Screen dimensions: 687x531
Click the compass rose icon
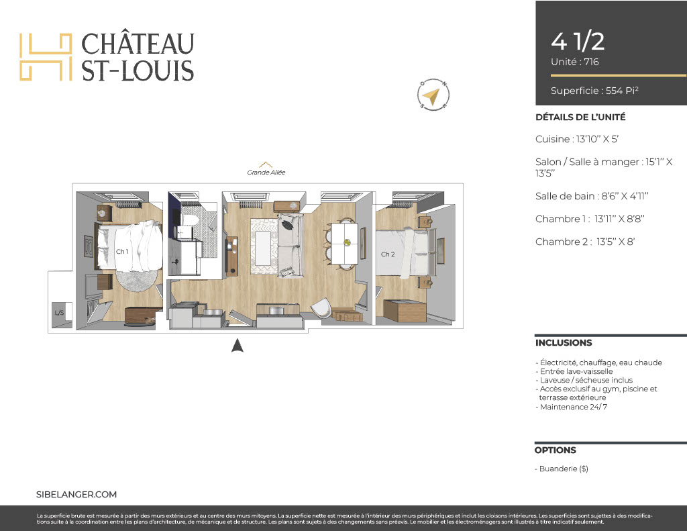click(x=433, y=94)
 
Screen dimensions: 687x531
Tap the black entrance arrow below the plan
click(x=237, y=346)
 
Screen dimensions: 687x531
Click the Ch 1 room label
click(x=122, y=251)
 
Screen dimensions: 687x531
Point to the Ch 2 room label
click(x=388, y=254)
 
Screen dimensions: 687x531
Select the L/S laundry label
click(x=59, y=313)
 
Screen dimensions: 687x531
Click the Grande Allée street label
click(x=266, y=173)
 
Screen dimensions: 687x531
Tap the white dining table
click(x=344, y=244)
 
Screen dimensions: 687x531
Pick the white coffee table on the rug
click(x=263, y=248)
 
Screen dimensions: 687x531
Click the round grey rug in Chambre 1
click(x=136, y=279)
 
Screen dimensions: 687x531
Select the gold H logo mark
click(x=46, y=56)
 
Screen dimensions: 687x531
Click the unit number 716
click(x=591, y=62)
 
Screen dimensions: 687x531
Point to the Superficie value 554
click(x=614, y=91)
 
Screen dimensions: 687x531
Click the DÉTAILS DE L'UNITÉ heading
click(x=580, y=117)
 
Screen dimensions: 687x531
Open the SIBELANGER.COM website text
click(x=76, y=495)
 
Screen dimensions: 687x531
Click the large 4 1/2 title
click(x=578, y=42)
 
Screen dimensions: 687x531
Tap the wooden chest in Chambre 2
click(x=405, y=310)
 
